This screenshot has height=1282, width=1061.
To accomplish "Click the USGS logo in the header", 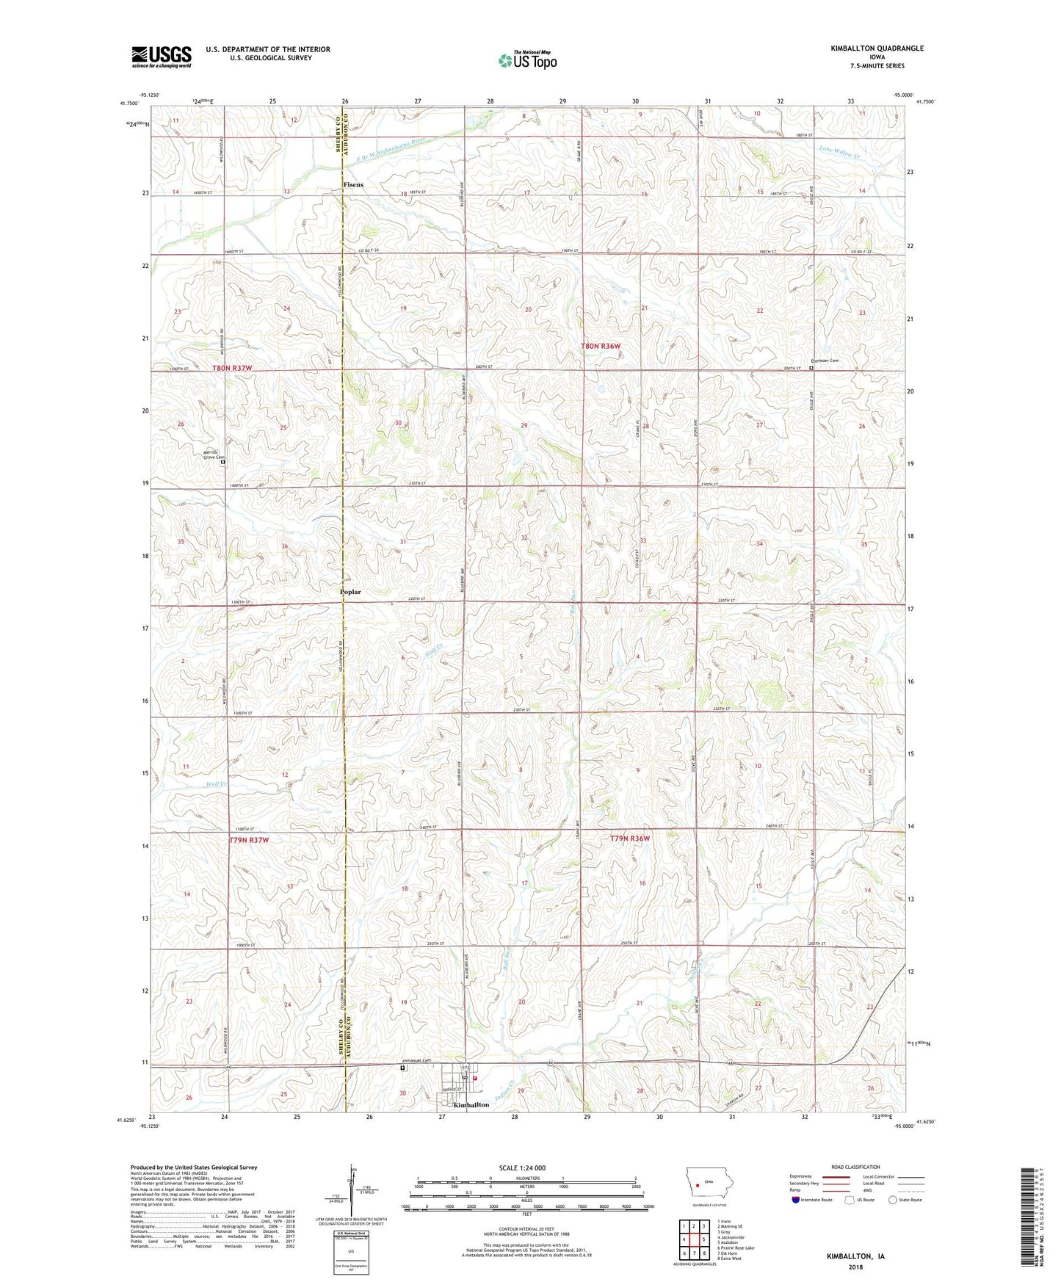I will coord(162,56).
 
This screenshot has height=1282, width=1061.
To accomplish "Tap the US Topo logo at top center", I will coord(526,60).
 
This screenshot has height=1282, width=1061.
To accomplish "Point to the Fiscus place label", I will coord(352,184).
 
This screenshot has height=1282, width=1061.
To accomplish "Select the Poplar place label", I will coord(350,592).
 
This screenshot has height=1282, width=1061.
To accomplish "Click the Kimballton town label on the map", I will coord(471,1105).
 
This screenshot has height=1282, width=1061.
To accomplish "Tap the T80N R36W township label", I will coord(601,346).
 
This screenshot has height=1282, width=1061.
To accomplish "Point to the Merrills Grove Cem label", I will coord(214,455).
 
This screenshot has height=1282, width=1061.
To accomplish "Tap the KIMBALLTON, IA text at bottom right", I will coord(855,1256).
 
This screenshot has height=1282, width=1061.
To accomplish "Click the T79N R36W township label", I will coord(630,839).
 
